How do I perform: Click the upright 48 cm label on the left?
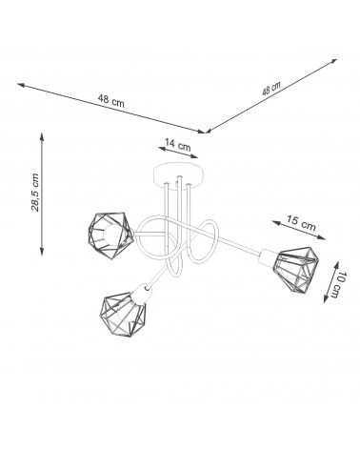coord(111,100)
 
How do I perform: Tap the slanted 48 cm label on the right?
coord(271,89)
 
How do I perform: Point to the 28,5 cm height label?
coord(35,193)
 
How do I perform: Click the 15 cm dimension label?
coord(301,222)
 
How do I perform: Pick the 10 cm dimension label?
coord(338,285)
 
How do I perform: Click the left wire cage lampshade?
coord(111,235)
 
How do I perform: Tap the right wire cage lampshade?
coord(296,270)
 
